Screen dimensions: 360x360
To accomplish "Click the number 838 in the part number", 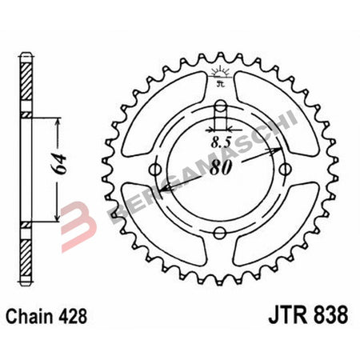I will [330, 315].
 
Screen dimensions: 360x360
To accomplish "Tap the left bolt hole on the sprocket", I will [157, 169].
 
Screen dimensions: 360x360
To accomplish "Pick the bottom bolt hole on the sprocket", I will [221, 233].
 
